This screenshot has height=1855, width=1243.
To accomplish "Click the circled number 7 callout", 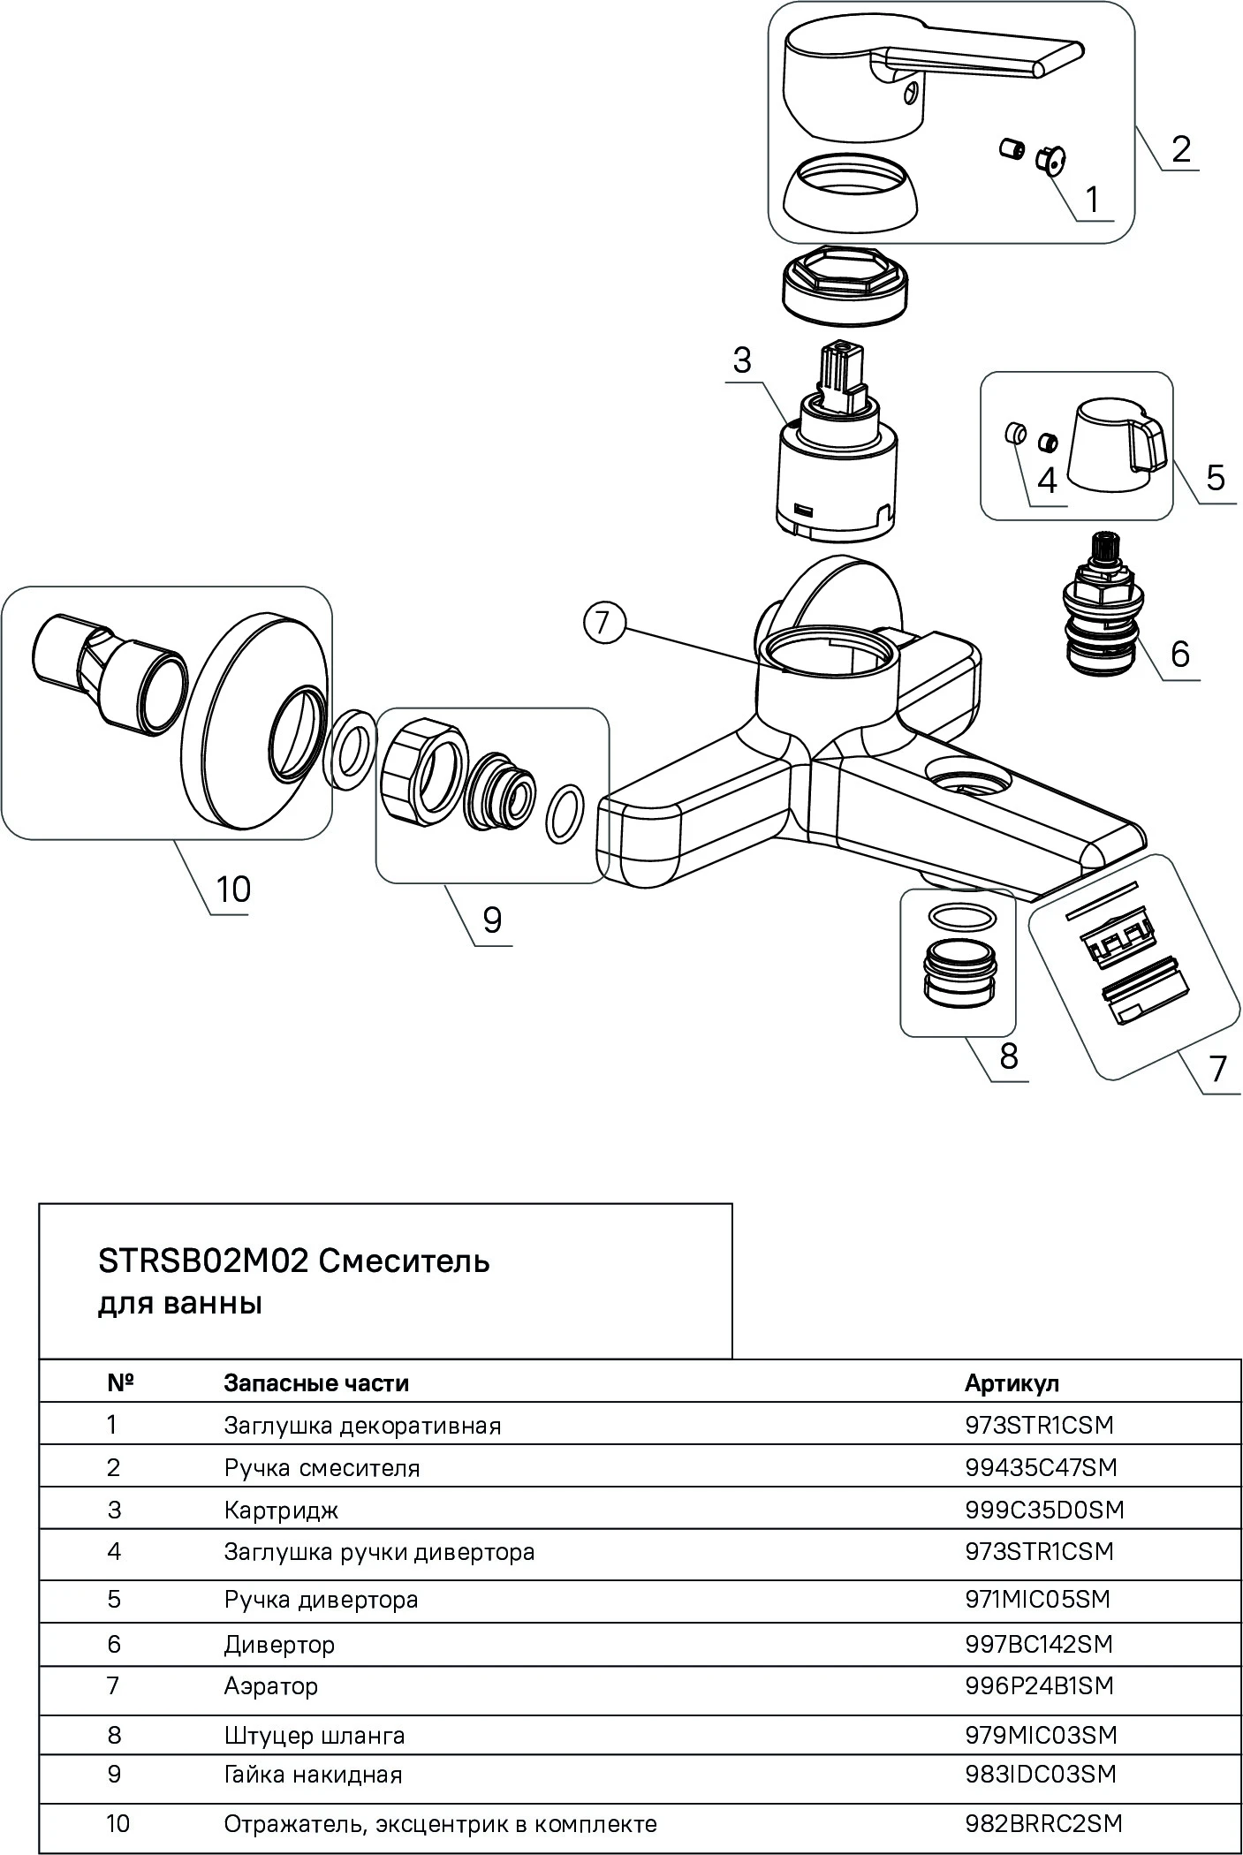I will click(x=603, y=623).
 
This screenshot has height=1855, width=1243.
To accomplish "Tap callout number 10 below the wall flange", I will click(x=232, y=888).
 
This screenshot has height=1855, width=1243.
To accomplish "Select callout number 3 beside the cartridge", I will click(x=741, y=360).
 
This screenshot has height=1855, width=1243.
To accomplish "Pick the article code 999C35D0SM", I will click(x=1044, y=1510).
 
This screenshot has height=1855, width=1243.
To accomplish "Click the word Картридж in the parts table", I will click(x=281, y=1510).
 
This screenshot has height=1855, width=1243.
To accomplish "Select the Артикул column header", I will click(x=1011, y=1382).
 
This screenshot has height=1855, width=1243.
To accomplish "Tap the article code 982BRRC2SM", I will click(x=1043, y=1823).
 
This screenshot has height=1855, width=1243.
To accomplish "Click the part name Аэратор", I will click(x=270, y=1685).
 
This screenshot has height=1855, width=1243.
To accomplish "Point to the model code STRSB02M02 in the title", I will click(x=202, y=1261).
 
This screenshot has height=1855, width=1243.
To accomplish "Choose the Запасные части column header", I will click(x=316, y=1382).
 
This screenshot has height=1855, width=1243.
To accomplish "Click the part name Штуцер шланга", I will click(x=315, y=1735).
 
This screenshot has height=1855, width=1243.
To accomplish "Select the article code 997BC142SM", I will click(x=1039, y=1644).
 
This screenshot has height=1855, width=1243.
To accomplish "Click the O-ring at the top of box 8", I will click(x=962, y=916).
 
